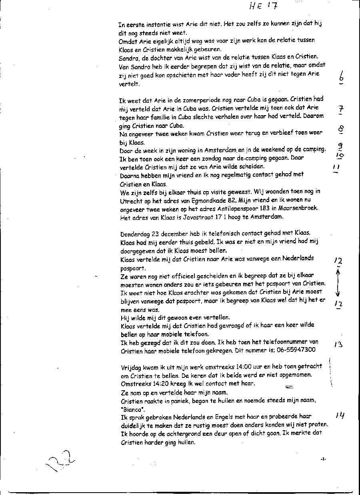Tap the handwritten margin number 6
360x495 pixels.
tap(341, 76)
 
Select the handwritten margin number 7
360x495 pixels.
tap(341, 109)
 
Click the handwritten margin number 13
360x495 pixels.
tap(338, 344)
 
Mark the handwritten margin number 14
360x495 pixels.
tap(340, 416)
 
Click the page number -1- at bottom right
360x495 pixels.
tap(323, 459)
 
